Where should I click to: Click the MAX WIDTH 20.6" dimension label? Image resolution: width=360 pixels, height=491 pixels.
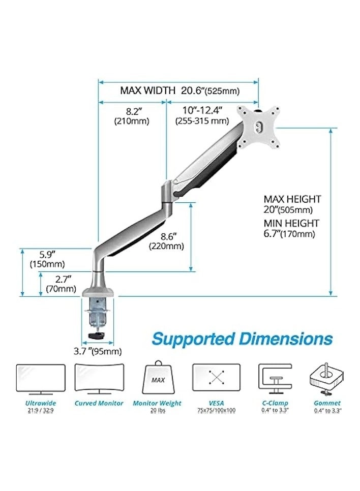(x=179, y=91)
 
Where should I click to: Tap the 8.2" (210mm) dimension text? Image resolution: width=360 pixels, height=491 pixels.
(x=132, y=115)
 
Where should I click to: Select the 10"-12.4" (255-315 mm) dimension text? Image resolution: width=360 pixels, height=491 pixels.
(x=201, y=115)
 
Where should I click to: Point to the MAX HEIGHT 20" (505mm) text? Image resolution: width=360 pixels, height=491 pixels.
(x=292, y=204)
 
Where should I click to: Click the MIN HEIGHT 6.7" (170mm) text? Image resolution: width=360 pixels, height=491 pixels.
(x=291, y=228)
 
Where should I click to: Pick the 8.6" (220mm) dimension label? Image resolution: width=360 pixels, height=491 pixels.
(x=166, y=241)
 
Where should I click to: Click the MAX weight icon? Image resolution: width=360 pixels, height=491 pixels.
(x=158, y=378)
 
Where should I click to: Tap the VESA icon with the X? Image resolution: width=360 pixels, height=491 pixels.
(x=217, y=378)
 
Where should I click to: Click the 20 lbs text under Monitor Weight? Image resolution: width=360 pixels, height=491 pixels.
(x=158, y=410)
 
